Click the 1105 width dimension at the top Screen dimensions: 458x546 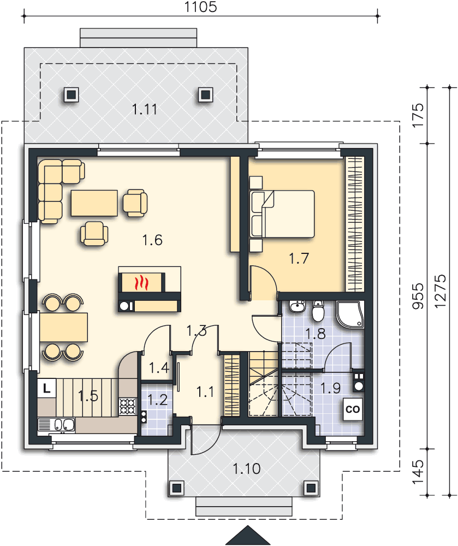pos(200,7)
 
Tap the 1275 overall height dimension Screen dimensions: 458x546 pos(440,291)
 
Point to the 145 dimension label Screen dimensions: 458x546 pos(418,472)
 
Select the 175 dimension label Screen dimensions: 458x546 pos(418,115)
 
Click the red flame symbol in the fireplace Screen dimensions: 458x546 pos(141,282)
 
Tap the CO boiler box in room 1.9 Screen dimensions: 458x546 pos(352,409)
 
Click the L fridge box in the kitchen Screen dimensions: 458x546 pos(46,388)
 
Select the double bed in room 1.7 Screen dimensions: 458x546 pos(282,214)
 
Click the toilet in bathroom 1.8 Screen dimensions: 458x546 pos(318,311)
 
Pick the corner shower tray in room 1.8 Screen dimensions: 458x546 pos(349,314)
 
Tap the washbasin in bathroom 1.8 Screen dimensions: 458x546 pos(297,306)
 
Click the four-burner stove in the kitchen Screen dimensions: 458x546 pos(128,406)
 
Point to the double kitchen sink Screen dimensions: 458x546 pos(64,425)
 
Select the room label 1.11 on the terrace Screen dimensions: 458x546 pos(145,110)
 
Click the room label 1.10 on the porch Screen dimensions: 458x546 pos(246,469)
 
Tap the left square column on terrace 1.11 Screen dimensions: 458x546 pos(72,94)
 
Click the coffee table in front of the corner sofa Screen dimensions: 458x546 pos(94,203)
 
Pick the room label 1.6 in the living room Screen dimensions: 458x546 pos(152,240)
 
